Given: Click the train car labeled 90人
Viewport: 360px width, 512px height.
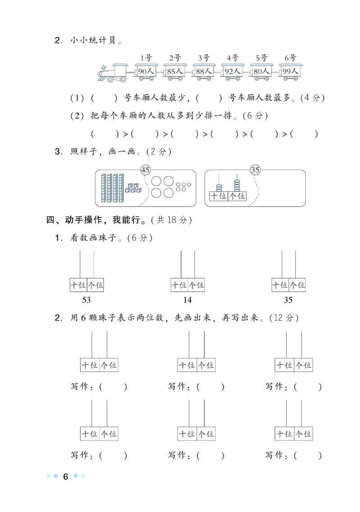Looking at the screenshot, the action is tap(146, 72).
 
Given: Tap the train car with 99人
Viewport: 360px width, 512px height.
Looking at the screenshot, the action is tap(289, 72).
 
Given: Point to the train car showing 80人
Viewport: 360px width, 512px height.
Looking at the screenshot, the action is tap(261, 72).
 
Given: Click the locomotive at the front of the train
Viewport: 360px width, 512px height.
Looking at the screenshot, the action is tap(113, 72).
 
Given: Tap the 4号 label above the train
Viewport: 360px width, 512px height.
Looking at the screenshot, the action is tap(232, 58).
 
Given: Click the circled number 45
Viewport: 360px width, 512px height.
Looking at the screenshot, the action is tap(145, 170).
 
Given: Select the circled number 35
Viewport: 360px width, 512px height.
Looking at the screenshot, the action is tap(256, 170).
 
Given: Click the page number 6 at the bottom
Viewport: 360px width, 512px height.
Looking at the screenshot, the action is tap(65, 477).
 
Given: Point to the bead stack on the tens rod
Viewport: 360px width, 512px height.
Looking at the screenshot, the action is tap(219, 187).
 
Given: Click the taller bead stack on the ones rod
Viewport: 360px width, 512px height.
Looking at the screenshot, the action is tap(237, 185).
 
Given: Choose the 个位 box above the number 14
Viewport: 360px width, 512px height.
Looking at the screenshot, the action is tap(196, 285).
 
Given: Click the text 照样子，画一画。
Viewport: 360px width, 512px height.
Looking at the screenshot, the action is tap(103, 152).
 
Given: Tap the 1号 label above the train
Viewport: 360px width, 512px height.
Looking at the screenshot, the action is tap(146, 58).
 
